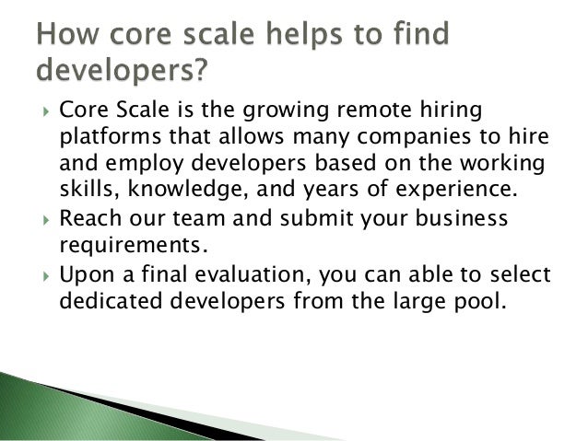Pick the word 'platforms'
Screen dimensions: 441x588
pyautogui.click(x=104, y=139)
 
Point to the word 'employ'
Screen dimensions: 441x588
pyautogui.click(x=131, y=166)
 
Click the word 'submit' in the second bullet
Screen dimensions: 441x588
pyautogui.click(x=300, y=219)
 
